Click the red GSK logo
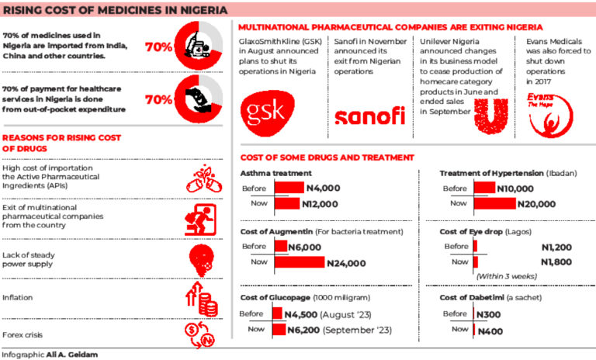pos(268,113)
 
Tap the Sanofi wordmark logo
pos(370,116)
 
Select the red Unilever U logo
pos(491,116)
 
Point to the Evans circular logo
pos(550,115)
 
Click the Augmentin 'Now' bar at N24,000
pos(300,262)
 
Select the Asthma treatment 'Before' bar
pos(289,188)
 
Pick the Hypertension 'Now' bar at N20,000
pos(495,204)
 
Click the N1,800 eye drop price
pos(556,262)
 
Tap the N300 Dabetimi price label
pos(488,314)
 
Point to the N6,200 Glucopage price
pos(303,330)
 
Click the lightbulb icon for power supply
pos(202,261)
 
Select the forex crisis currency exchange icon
pos(200,335)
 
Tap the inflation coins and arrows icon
pos(202,299)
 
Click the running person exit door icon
pos(200,220)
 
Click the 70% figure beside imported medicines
pos(159,47)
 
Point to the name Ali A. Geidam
pos(72,355)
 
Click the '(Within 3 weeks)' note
pos(507,276)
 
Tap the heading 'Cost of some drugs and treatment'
pos(327,157)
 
